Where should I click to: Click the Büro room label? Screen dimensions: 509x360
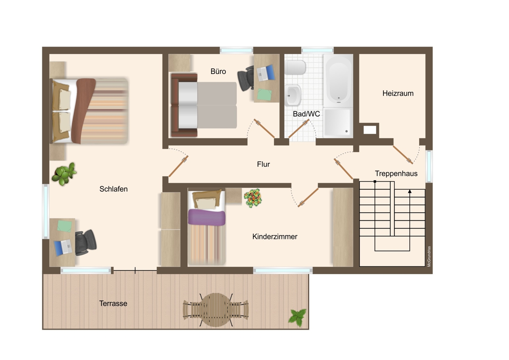218,71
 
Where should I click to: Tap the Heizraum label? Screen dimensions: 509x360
398,93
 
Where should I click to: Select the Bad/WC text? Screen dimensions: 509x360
306,114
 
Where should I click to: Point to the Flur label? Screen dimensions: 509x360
263,164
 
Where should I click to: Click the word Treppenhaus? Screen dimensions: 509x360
396,173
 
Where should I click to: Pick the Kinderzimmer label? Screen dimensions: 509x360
275,236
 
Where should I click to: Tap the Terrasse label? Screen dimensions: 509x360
113,303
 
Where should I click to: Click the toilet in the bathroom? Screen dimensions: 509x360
295,67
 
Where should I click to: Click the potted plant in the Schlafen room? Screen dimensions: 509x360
64,174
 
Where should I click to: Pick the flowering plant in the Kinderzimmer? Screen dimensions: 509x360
253,198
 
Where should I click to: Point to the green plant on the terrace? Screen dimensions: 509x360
297,317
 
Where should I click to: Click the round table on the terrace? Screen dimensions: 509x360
216,310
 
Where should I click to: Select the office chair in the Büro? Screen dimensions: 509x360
246,78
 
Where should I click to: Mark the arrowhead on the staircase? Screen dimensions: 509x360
410,191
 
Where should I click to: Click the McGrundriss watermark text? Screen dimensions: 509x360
429,256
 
